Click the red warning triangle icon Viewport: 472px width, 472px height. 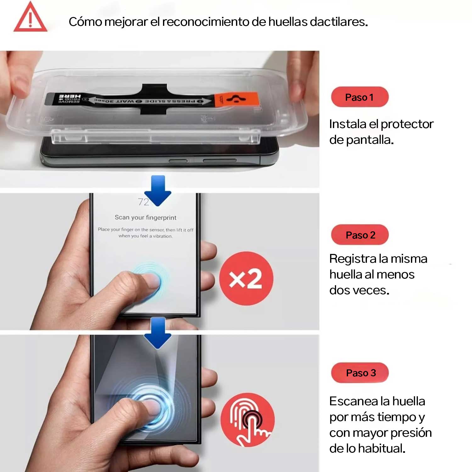(x=30, y=18)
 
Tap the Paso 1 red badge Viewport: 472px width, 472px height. (x=360, y=97)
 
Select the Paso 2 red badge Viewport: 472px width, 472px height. (x=360, y=235)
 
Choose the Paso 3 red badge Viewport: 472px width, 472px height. (x=360, y=373)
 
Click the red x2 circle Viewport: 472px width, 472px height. (x=246, y=278)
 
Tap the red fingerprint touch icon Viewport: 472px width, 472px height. (x=248, y=419)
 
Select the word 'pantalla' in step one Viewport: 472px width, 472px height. (x=369, y=140)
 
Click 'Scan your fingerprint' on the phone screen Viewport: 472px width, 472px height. (x=145, y=217)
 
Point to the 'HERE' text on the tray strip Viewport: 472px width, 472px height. (x=70, y=97)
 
